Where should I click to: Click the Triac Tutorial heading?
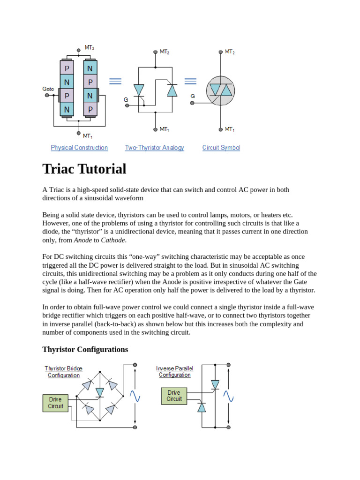click(84, 169)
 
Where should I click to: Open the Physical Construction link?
click(79, 148)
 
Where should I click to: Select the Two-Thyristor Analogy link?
click(154, 148)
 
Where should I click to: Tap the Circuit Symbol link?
click(221, 148)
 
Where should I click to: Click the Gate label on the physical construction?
click(48, 89)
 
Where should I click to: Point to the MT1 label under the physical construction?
click(88, 136)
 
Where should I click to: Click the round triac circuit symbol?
click(221, 90)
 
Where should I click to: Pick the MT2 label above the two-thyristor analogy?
click(164, 52)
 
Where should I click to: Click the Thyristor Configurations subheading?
click(85, 350)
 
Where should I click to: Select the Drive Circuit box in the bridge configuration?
click(55, 403)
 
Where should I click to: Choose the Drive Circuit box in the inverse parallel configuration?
click(174, 396)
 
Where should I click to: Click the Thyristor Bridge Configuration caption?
click(63, 372)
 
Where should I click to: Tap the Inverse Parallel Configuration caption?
click(174, 371)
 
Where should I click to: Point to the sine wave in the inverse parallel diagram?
click(228, 397)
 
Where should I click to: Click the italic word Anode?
click(83, 240)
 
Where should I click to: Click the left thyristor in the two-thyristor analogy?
click(139, 90)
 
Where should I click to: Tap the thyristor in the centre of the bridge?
click(99, 392)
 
